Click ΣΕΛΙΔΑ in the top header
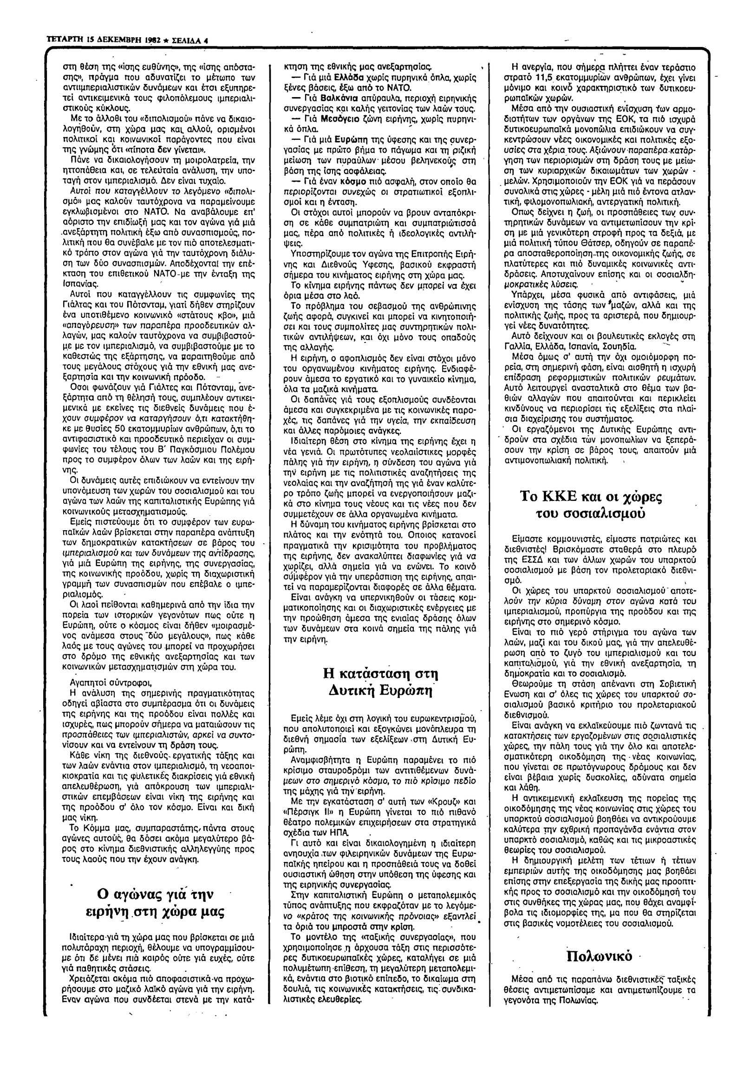point(184,40)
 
